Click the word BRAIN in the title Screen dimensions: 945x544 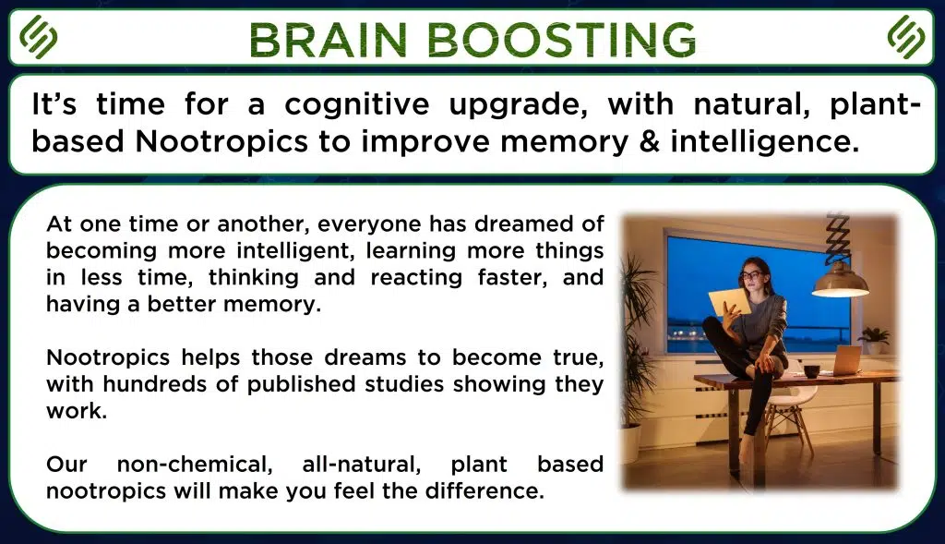[x=329, y=40]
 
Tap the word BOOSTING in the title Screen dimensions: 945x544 [x=562, y=40]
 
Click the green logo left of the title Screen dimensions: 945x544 [x=39, y=37]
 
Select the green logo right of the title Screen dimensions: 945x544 [x=906, y=37]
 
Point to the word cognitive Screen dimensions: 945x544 [x=357, y=105]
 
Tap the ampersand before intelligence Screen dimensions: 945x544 [x=649, y=140]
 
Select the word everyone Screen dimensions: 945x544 [x=369, y=224]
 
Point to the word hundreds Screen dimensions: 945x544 [x=154, y=383]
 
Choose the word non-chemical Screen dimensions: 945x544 [x=195, y=465]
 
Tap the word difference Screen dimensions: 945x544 [x=484, y=490]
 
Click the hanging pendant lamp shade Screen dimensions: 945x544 [x=840, y=281]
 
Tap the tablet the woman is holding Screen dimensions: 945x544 [x=728, y=302]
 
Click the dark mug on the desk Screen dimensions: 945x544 [x=812, y=371]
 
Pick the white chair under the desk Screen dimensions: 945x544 [x=786, y=405]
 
